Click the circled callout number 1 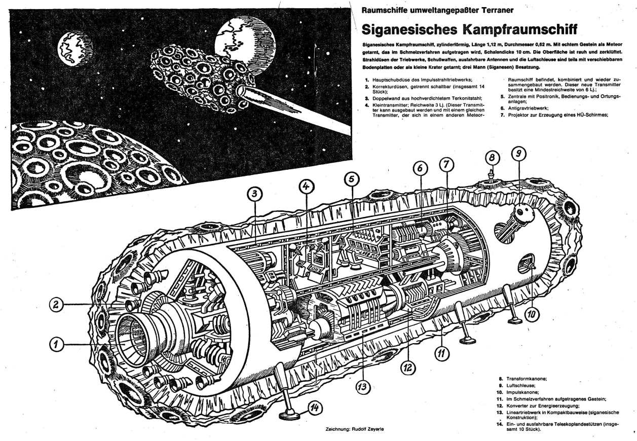pyautogui.click(x=58, y=345)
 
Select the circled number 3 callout pyautogui.click(x=255, y=193)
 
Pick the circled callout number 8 pyautogui.click(x=491, y=156)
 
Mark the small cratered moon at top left pyautogui.click(x=73, y=49)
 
